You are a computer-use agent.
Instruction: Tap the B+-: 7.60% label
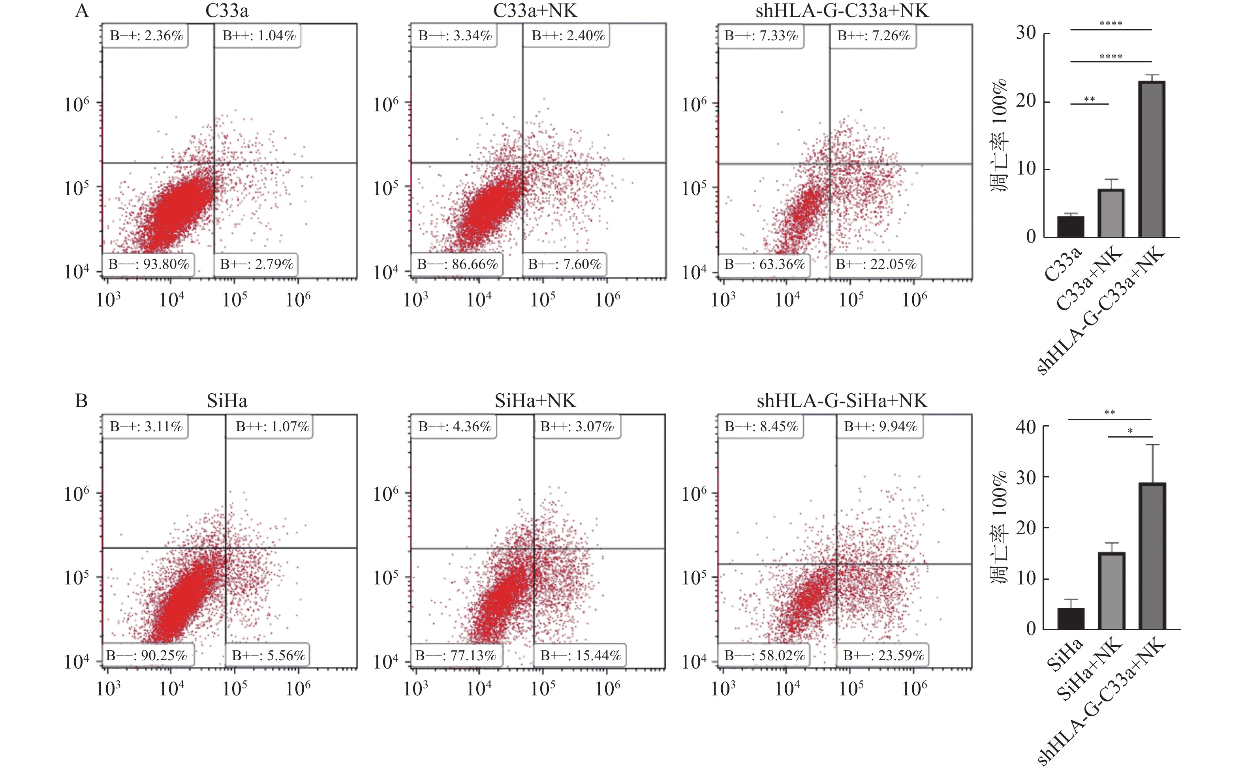[565, 265]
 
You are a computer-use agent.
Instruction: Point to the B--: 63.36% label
[765, 265]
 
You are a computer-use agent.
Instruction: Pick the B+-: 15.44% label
[581, 656]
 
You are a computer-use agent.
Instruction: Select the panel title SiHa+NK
[535, 401]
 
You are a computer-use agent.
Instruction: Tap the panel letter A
[82, 10]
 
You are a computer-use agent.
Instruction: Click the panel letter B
[81, 401]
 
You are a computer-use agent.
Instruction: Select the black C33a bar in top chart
[1071, 227]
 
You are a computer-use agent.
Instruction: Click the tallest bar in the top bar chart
[1152, 159]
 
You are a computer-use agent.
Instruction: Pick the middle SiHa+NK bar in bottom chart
[1111, 591]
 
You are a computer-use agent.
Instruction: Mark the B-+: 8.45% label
[761, 426]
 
